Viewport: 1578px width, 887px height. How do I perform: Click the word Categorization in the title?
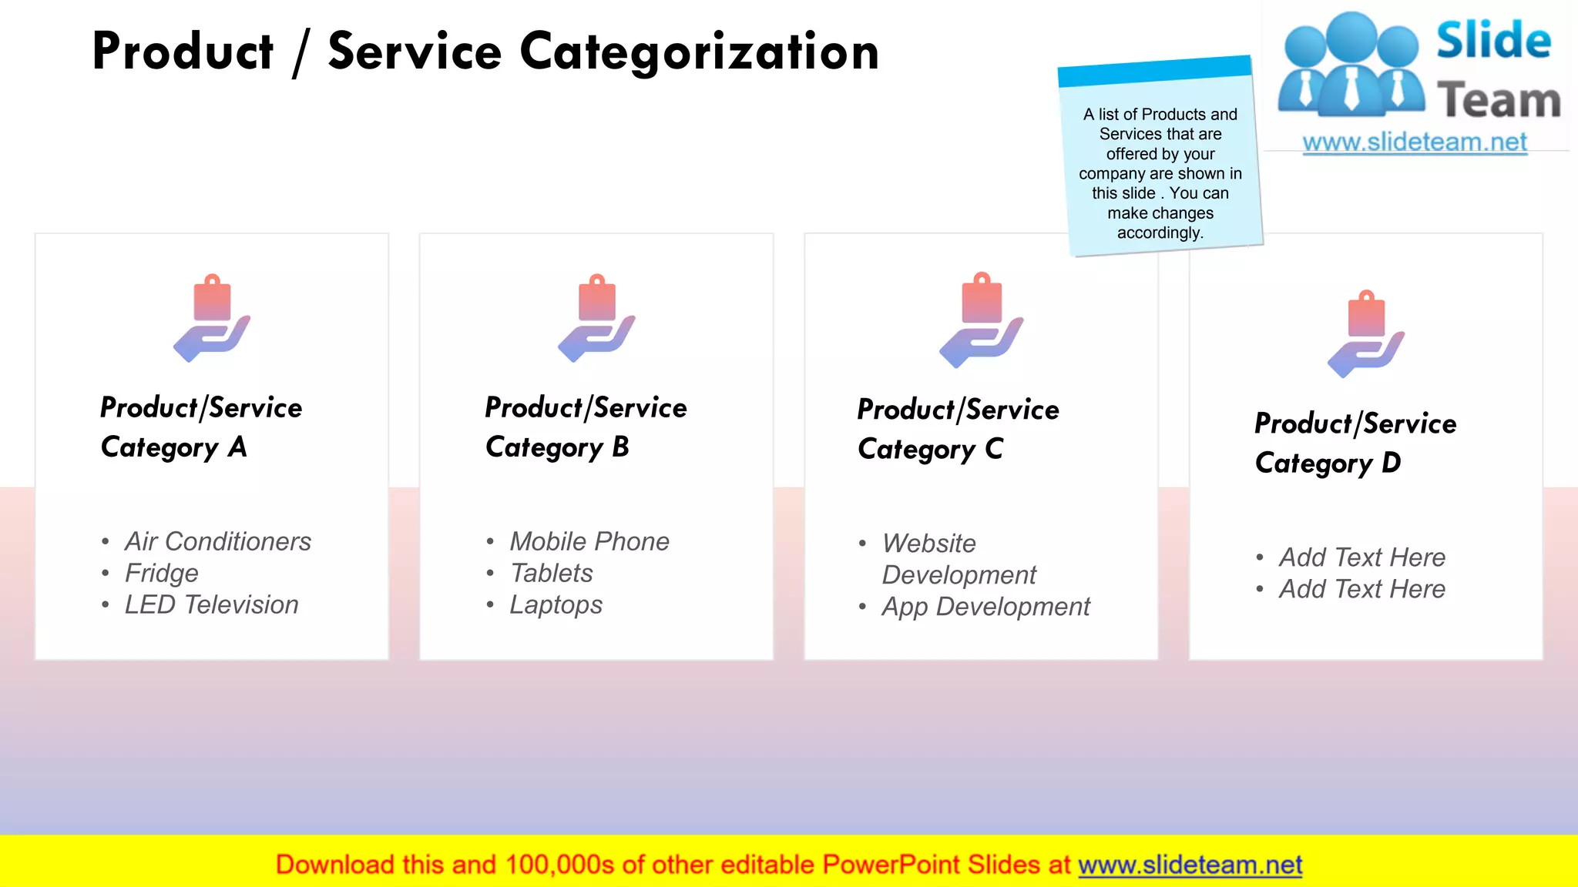click(699, 52)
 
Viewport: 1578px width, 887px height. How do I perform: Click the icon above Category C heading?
click(981, 320)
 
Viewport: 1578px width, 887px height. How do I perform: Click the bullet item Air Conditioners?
click(218, 541)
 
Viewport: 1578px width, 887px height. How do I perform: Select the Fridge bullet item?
click(162, 573)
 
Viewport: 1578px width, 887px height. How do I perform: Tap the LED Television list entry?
click(211, 604)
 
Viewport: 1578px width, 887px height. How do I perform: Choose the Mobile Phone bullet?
click(589, 541)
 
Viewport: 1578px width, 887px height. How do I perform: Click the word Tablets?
click(552, 573)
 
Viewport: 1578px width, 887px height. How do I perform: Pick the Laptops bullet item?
click(556, 604)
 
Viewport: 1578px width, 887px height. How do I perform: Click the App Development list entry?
click(985, 607)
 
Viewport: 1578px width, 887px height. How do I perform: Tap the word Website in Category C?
click(929, 544)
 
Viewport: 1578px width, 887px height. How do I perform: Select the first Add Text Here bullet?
click(1361, 557)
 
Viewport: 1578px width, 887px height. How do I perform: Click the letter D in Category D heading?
click(1391, 463)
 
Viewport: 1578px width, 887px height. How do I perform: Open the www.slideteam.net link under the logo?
click(1415, 142)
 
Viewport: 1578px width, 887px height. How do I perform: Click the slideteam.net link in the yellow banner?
click(1190, 865)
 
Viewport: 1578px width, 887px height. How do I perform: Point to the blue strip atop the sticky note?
click(1154, 71)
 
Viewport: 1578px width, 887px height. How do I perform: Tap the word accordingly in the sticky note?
click(1160, 233)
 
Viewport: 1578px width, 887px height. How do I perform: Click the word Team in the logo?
click(1499, 101)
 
